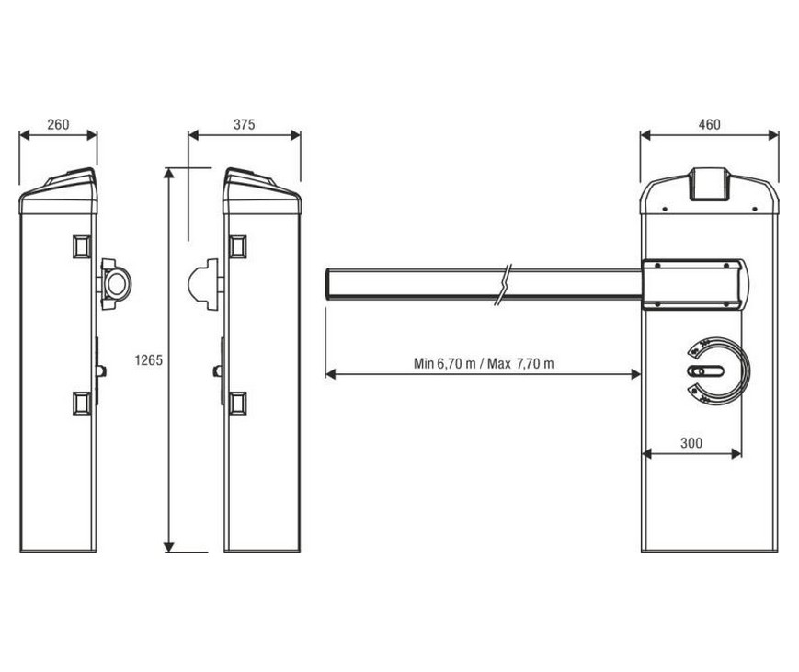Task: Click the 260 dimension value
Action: point(58,124)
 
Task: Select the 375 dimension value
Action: point(244,124)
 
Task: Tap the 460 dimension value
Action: point(709,124)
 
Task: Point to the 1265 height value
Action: point(148,360)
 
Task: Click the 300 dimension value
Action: point(691,443)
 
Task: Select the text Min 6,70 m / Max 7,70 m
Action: point(483,363)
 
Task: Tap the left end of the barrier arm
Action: point(326,284)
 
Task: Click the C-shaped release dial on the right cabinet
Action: point(718,370)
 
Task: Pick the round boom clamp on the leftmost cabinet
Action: point(116,284)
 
